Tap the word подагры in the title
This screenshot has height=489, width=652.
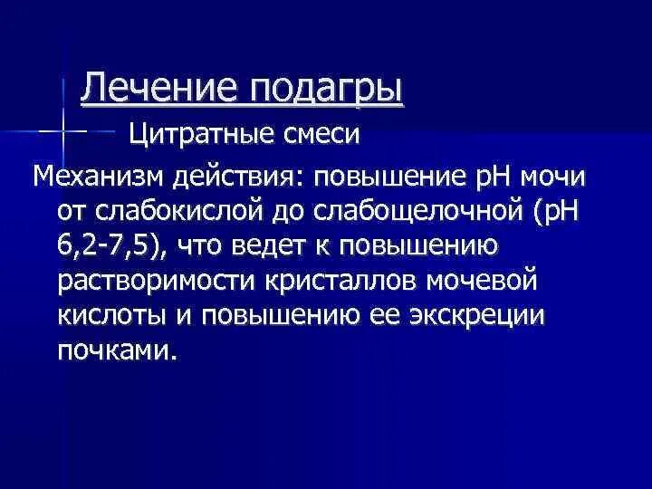(x=324, y=90)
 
